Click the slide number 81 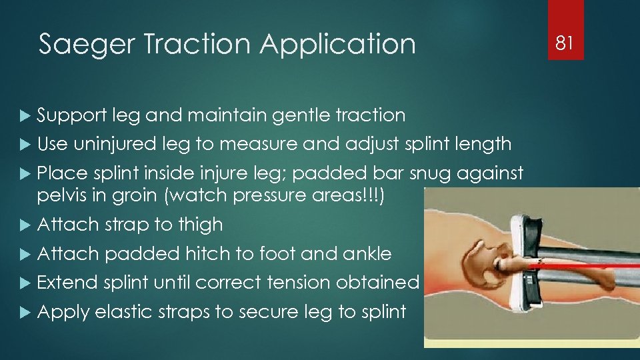565,43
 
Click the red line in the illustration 587,265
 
